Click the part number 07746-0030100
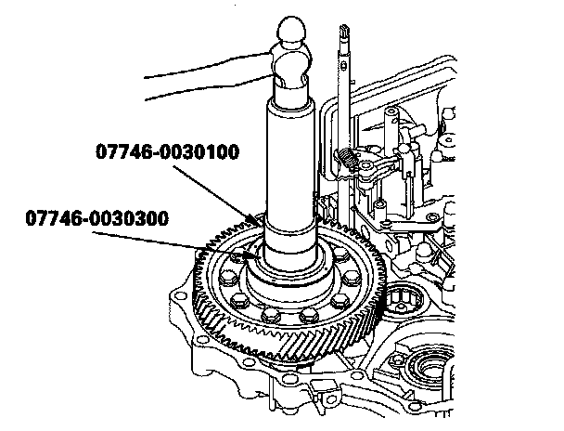168,151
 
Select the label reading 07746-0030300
97,218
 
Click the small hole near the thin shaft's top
343,65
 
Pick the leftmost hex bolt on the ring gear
226,278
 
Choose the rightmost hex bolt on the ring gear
350,278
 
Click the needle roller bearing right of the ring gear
403,297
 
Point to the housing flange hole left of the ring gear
180,296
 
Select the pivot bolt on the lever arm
365,165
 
